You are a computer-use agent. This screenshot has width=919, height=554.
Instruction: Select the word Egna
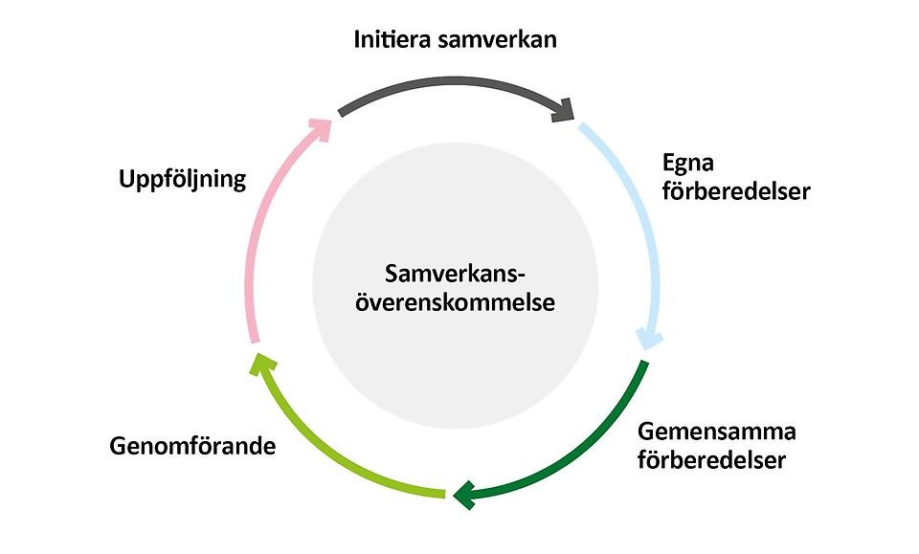click(686, 162)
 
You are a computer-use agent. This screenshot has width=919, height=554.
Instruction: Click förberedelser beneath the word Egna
click(736, 191)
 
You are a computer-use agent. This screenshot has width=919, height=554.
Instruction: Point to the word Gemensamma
click(717, 431)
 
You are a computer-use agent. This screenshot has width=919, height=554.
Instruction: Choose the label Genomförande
click(192, 446)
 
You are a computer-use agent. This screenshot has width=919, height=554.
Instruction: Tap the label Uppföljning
click(183, 179)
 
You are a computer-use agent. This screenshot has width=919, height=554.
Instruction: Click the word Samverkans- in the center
click(456, 274)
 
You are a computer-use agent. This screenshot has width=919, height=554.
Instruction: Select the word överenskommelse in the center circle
click(456, 303)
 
